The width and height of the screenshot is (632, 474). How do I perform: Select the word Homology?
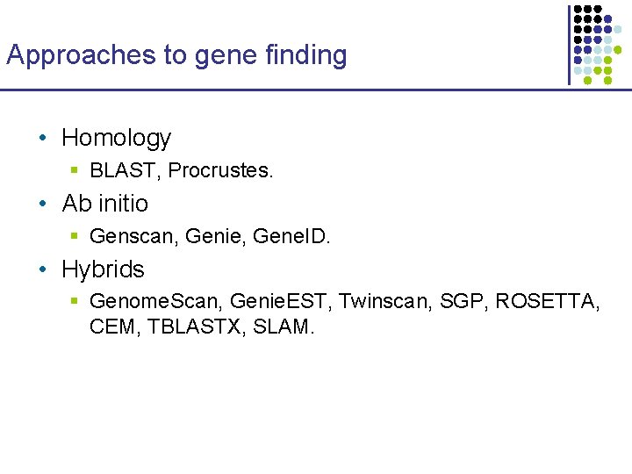click(116, 138)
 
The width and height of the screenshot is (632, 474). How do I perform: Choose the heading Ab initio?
click(105, 204)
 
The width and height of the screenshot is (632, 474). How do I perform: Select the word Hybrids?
click(103, 269)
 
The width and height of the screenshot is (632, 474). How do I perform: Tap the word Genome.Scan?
click(155, 302)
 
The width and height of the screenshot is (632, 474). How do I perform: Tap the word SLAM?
click(283, 327)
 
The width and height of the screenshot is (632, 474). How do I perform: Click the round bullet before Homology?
click(42, 139)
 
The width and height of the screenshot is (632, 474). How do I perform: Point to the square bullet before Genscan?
click(75, 236)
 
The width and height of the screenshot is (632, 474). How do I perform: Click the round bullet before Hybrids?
click(42, 270)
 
